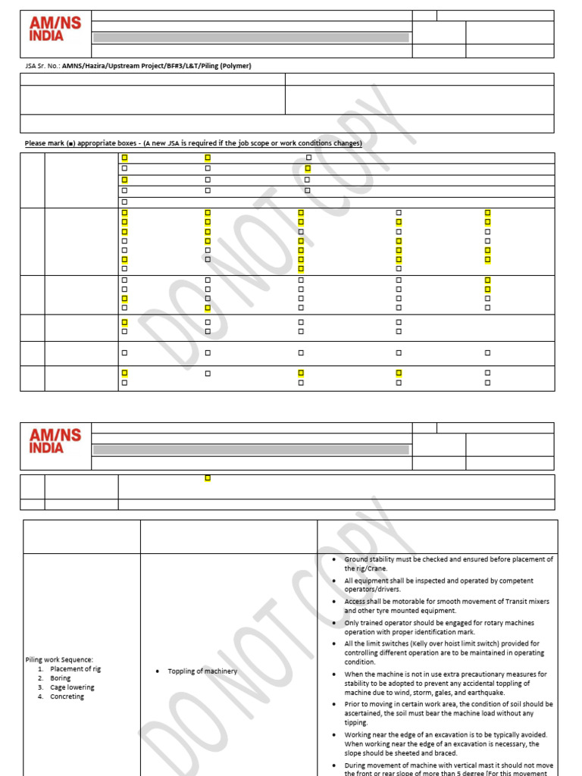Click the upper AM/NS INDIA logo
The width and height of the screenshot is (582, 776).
(x=55, y=29)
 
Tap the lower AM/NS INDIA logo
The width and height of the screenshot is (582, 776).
(x=55, y=441)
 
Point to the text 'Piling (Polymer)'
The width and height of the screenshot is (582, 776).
(x=225, y=66)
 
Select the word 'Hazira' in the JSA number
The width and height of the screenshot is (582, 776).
(x=102, y=66)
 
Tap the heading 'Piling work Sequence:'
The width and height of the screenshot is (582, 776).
(x=59, y=660)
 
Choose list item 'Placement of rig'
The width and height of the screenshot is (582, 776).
(x=75, y=669)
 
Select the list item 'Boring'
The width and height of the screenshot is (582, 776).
(x=61, y=678)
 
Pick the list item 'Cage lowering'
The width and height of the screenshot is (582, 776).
(x=72, y=687)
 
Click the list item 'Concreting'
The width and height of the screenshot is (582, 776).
(x=67, y=696)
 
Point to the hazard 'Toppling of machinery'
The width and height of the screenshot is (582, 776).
(x=202, y=671)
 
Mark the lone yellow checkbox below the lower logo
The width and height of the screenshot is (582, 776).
(x=208, y=477)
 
